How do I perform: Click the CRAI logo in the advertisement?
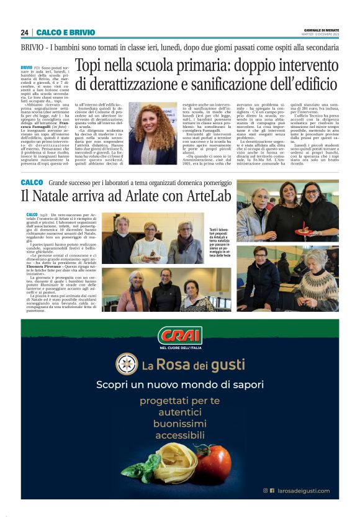[179, 336]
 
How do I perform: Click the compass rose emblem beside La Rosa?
[127, 364]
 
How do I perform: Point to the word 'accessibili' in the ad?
[179, 435]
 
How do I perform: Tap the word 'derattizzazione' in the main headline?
[150, 85]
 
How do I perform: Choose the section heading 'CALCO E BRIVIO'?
[66, 32]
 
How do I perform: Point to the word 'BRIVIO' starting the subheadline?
[35, 47]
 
